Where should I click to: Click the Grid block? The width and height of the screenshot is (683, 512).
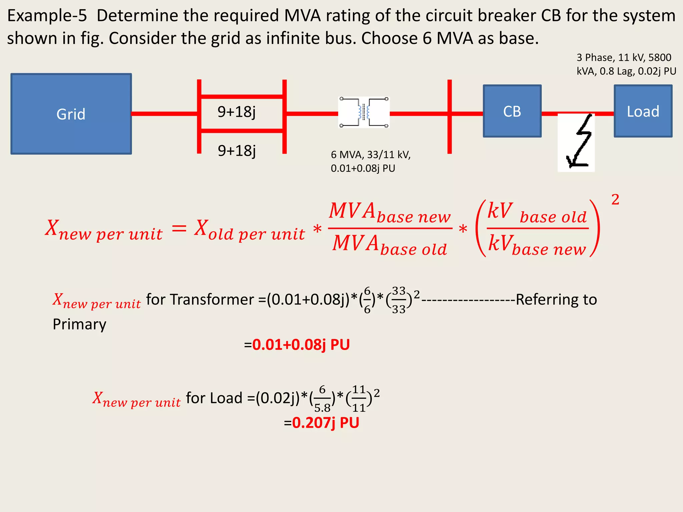(x=71, y=114)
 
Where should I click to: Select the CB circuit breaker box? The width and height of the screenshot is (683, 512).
(x=512, y=111)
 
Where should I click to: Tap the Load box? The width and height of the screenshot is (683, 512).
(x=643, y=111)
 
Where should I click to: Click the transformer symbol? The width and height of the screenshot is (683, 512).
(x=364, y=112)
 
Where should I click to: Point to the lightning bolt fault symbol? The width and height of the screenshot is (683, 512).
(x=576, y=142)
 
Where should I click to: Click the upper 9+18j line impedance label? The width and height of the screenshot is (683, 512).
(x=236, y=112)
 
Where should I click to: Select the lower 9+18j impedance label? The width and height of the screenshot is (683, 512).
(x=236, y=151)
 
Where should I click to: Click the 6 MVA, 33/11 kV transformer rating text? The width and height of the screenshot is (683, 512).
(x=371, y=161)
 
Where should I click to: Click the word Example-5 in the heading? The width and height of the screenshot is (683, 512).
(x=47, y=16)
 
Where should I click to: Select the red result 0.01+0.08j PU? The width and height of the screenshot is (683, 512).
(x=301, y=344)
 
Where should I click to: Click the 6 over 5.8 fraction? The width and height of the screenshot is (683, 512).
(x=322, y=399)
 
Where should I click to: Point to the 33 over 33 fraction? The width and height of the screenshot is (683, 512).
(x=399, y=300)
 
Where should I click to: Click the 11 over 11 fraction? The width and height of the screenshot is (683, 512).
(x=359, y=399)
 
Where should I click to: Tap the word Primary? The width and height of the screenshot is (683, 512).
(x=79, y=324)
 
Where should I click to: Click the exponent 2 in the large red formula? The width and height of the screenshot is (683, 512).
(x=615, y=200)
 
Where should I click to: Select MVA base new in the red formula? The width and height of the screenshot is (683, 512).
(x=390, y=212)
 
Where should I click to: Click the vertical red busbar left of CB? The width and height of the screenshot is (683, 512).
(x=449, y=117)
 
